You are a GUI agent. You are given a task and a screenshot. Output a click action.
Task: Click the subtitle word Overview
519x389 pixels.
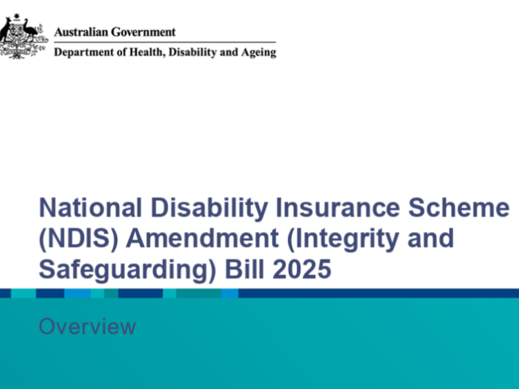point(87,327)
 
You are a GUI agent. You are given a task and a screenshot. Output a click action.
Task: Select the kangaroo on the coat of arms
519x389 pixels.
point(6,32)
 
